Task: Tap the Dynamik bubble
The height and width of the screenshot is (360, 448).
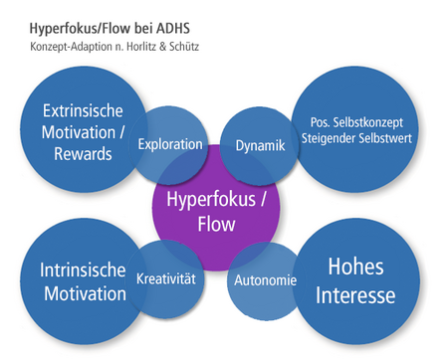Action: point(260,145)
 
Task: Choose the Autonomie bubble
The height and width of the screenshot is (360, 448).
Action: point(264,280)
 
